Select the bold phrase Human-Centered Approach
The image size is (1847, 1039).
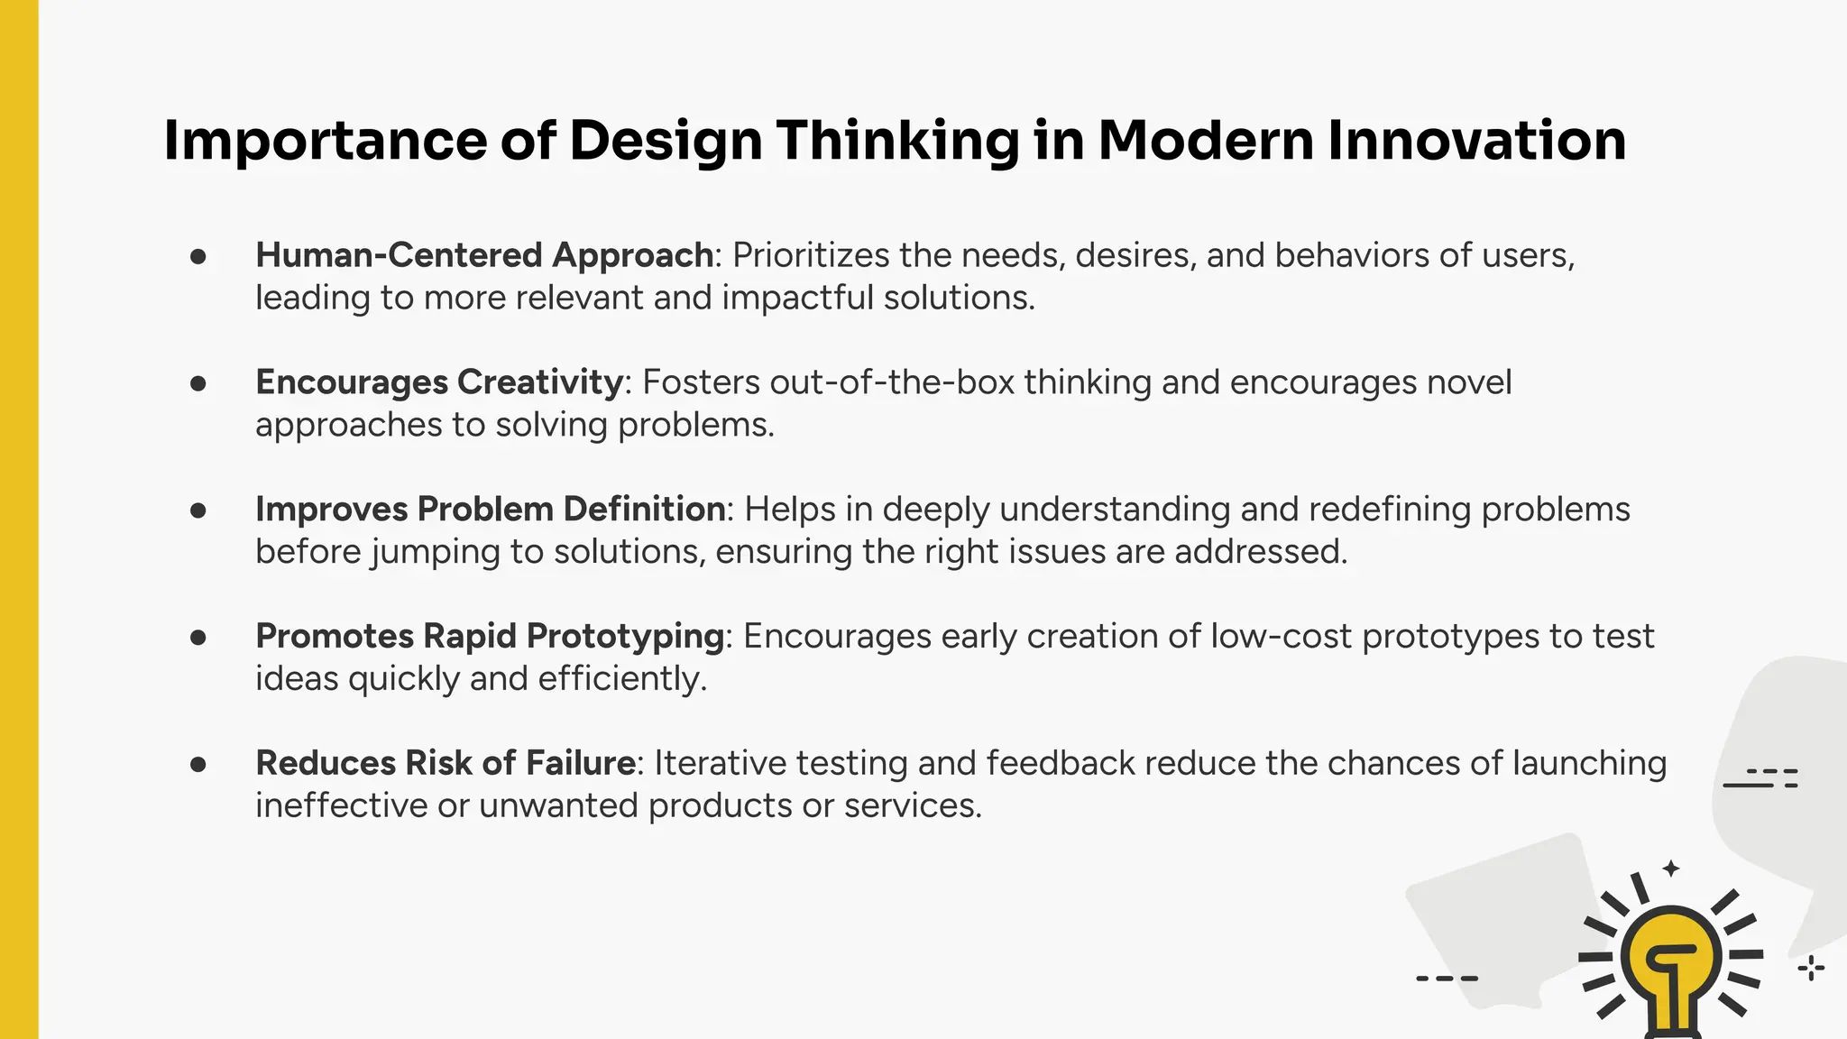click(x=484, y=255)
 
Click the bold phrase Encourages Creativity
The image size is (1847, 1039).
click(x=439, y=382)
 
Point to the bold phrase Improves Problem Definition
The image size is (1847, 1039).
click(x=490, y=510)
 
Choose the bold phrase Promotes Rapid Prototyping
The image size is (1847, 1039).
click(x=490, y=637)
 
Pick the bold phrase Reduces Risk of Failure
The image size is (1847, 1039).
click(x=446, y=763)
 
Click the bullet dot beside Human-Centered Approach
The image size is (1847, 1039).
click(x=198, y=257)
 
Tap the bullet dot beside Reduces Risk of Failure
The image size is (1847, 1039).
click(x=198, y=765)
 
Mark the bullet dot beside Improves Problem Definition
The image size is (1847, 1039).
click(x=198, y=510)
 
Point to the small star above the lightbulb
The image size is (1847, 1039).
click(x=1671, y=869)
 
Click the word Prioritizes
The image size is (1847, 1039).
click(x=811, y=255)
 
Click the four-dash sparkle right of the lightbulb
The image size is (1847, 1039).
click(x=1811, y=969)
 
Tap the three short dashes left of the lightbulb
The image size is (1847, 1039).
click(x=1447, y=978)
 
